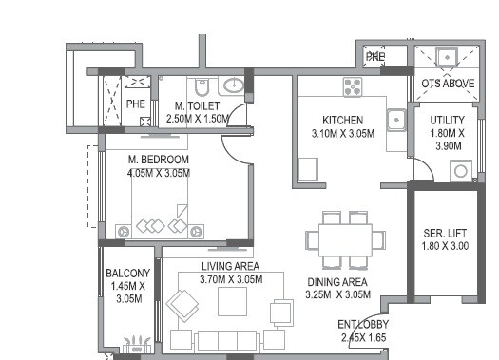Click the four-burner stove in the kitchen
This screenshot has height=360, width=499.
pyautogui.click(x=354, y=88)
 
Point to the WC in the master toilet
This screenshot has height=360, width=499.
pyautogui.click(x=203, y=85)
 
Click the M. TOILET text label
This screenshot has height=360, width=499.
pyautogui.click(x=197, y=105)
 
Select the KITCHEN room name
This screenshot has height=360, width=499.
pyautogui.click(x=343, y=121)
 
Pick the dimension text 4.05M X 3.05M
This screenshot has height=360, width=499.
pyautogui.click(x=159, y=173)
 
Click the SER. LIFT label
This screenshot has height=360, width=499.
pyautogui.click(x=445, y=234)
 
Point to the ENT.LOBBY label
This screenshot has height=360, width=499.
pyautogui.click(x=363, y=325)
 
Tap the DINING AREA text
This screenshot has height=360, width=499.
pyautogui.click(x=338, y=282)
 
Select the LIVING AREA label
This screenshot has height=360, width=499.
pyautogui.click(x=230, y=266)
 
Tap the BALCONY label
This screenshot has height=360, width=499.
pyautogui.click(x=126, y=274)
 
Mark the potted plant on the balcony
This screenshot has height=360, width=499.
pyautogui.click(x=140, y=342)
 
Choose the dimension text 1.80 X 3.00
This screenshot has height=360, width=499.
pyautogui.click(x=445, y=247)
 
